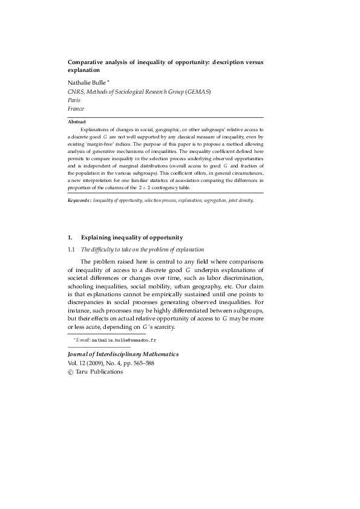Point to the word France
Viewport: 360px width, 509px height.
76,109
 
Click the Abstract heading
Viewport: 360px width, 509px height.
77,122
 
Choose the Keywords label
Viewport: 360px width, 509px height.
79,199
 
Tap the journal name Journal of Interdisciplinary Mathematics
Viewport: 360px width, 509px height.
123,354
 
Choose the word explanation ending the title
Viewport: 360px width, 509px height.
84,70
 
